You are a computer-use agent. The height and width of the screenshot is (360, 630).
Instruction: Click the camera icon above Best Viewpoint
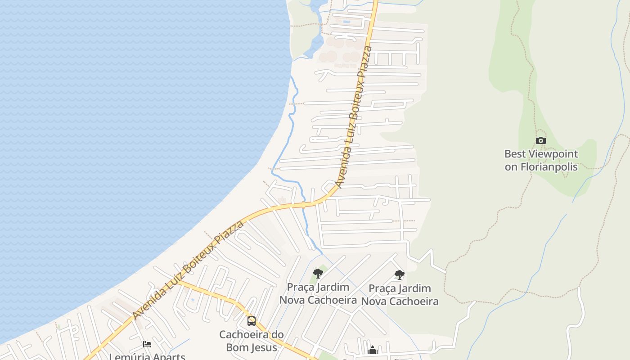click(541, 140)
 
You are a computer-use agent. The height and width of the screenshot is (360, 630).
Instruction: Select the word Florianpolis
click(549, 166)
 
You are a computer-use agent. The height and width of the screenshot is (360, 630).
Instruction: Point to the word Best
click(515, 154)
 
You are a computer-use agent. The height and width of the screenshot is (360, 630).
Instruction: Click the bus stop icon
click(252, 321)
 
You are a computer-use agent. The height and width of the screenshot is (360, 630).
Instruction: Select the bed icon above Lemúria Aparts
click(147, 345)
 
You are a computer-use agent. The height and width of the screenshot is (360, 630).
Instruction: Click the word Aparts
click(167, 357)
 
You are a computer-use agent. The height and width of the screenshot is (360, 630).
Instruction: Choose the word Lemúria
click(128, 357)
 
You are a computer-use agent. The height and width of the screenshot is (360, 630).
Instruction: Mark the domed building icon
click(373, 350)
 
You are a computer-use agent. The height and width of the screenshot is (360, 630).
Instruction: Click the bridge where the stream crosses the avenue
click(304, 204)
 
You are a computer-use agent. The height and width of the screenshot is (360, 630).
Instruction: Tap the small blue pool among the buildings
click(346, 22)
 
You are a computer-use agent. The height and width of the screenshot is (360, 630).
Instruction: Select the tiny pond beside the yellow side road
click(193, 299)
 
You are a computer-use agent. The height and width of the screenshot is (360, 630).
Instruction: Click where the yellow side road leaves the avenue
click(178, 282)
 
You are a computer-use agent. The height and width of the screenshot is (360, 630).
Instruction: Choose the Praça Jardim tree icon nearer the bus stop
click(318, 273)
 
